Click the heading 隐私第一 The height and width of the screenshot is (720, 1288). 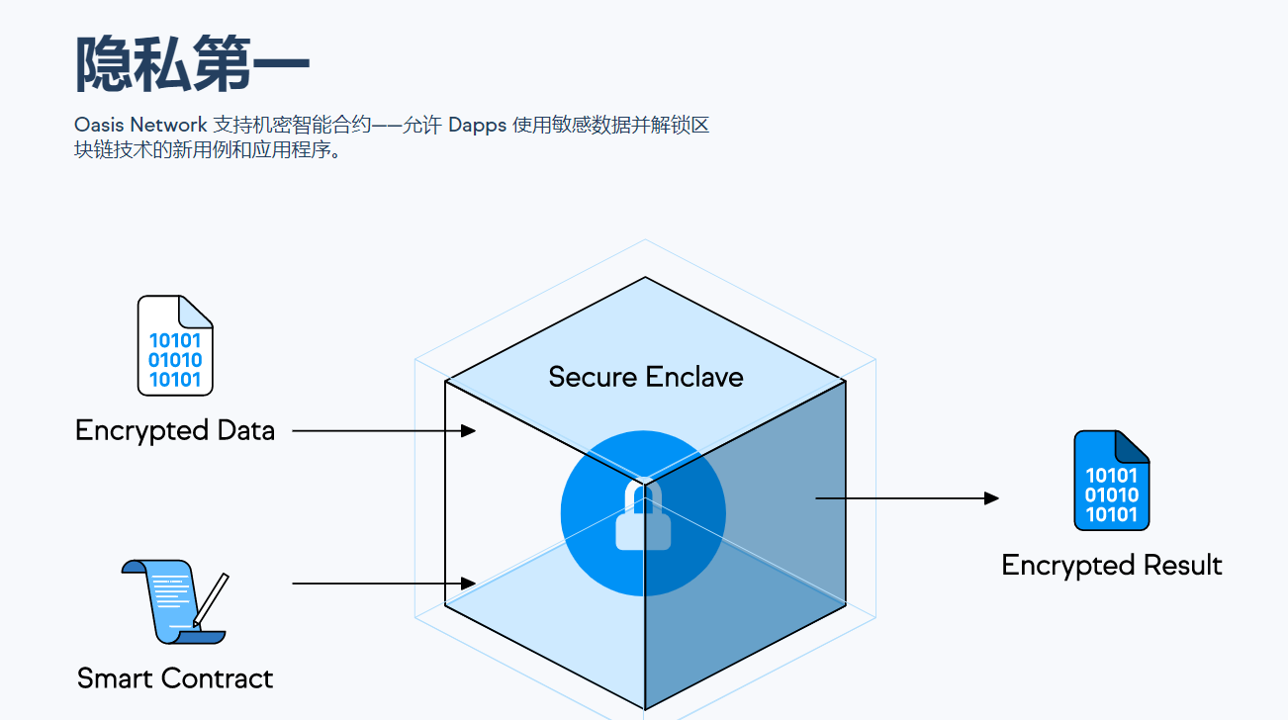point(193,65)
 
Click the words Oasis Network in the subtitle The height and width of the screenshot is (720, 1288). point(140,126)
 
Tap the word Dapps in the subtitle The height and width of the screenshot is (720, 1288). point(478,126)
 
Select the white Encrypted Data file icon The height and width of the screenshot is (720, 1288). point(175,345)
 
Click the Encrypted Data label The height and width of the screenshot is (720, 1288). point(175,431)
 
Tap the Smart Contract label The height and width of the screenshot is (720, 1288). point(175,678)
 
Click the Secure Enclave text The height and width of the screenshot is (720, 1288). point(645,377)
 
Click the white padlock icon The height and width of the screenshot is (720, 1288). point(643,517)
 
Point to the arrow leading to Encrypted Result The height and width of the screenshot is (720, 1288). point(906,498)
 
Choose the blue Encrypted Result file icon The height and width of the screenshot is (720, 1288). point(1112,481)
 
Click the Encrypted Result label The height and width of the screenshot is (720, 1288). point(1112,566)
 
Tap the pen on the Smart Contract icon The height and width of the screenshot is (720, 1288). point(211,600)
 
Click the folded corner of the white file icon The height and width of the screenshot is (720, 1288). point(197,311)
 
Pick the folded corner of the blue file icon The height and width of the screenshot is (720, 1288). point(1133,446)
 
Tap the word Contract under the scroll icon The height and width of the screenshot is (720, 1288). point(217,678)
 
